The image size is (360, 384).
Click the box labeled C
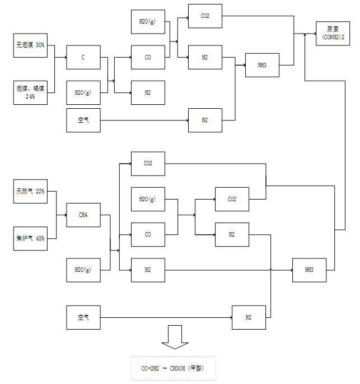pyautogui.click(x=83, y=57)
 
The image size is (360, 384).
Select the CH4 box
pyautogui.click(x=83, y=215)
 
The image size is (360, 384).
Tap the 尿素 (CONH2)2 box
pyautogui.click(x=333, y=34)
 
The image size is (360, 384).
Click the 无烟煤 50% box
pyautogui.click(x=31, y=45)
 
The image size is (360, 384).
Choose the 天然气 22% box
pyautogui.click(x=31, y=191)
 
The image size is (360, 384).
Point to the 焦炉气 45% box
pyautogui.click(x=31, y=238)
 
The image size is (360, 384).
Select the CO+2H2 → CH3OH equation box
pyautogui.click(x=173, y=369)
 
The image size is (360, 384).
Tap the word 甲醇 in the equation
pyautogui.click(x=199, y=369)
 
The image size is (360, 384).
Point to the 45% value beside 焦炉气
pyautogui.click(x=40, y=238)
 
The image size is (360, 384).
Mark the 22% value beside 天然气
pyautogui.click(x=40, y=191)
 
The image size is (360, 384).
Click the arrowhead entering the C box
pyautogui.click(x=64, y=57)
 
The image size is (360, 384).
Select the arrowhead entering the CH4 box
pyautogui.click(x=64, y=215)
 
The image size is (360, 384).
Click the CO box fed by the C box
pyautogui.click(x=148, y=57)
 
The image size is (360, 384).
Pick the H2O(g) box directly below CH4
pyautogui.click(x=83, y=270)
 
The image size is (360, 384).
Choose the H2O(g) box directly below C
pyautogui.click(x=83, y=92)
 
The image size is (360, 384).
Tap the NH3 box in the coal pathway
pyautogui.click(x=262, y=66)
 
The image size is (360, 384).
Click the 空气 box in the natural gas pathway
pyautogui.click(x=83, y=317)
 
